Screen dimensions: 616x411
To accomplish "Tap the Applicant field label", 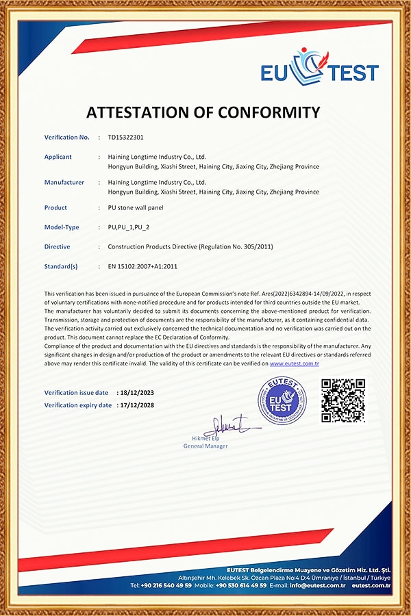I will tap(58, 157).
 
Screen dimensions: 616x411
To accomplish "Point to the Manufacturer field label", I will tap(64, 183).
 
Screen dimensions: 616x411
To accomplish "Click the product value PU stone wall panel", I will tap(136, 207).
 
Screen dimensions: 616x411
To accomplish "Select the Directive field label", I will tap(57, 246).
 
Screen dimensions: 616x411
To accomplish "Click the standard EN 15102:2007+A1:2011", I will tap(142, 266).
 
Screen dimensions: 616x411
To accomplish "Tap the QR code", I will tap(343, 400).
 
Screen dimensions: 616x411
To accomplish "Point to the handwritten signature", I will tap(229, 427).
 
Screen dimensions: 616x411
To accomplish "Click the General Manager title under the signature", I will tap(206, 446).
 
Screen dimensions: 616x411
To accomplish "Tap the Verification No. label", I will tap(67, 138).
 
